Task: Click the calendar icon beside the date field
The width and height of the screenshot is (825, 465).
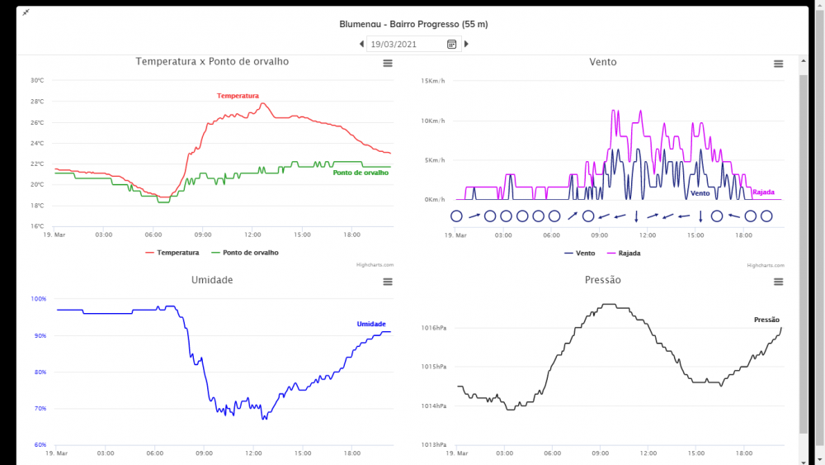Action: point(451,44)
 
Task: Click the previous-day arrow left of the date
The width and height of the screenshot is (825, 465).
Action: point(361,44)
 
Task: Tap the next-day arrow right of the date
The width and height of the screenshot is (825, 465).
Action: point(466,44)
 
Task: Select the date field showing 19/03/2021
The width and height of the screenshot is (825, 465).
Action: point(404,44)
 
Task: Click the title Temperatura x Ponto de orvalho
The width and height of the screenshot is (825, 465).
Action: point(212,61)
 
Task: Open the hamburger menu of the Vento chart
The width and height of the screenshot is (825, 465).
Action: point(778,64)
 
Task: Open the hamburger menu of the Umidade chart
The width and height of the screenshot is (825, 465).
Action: point(388,282)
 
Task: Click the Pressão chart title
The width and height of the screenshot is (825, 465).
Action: point(602,280)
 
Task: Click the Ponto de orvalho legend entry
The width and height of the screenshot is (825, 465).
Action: point(245,253)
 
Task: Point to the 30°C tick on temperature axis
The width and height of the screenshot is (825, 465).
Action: point(37,81)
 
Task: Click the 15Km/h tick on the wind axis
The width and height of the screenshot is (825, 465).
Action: point(433,81)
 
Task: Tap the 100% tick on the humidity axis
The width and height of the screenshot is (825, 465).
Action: point(39,299)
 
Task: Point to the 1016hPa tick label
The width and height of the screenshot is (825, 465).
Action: point(433,328)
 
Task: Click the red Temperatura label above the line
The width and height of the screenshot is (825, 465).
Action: point(238,96)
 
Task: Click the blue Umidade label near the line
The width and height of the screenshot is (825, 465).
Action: point(371,324)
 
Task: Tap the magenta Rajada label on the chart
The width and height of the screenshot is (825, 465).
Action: point(763,192)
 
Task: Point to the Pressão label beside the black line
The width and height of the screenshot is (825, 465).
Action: point(766,320)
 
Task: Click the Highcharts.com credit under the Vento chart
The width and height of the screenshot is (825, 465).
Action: point(765,265)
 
